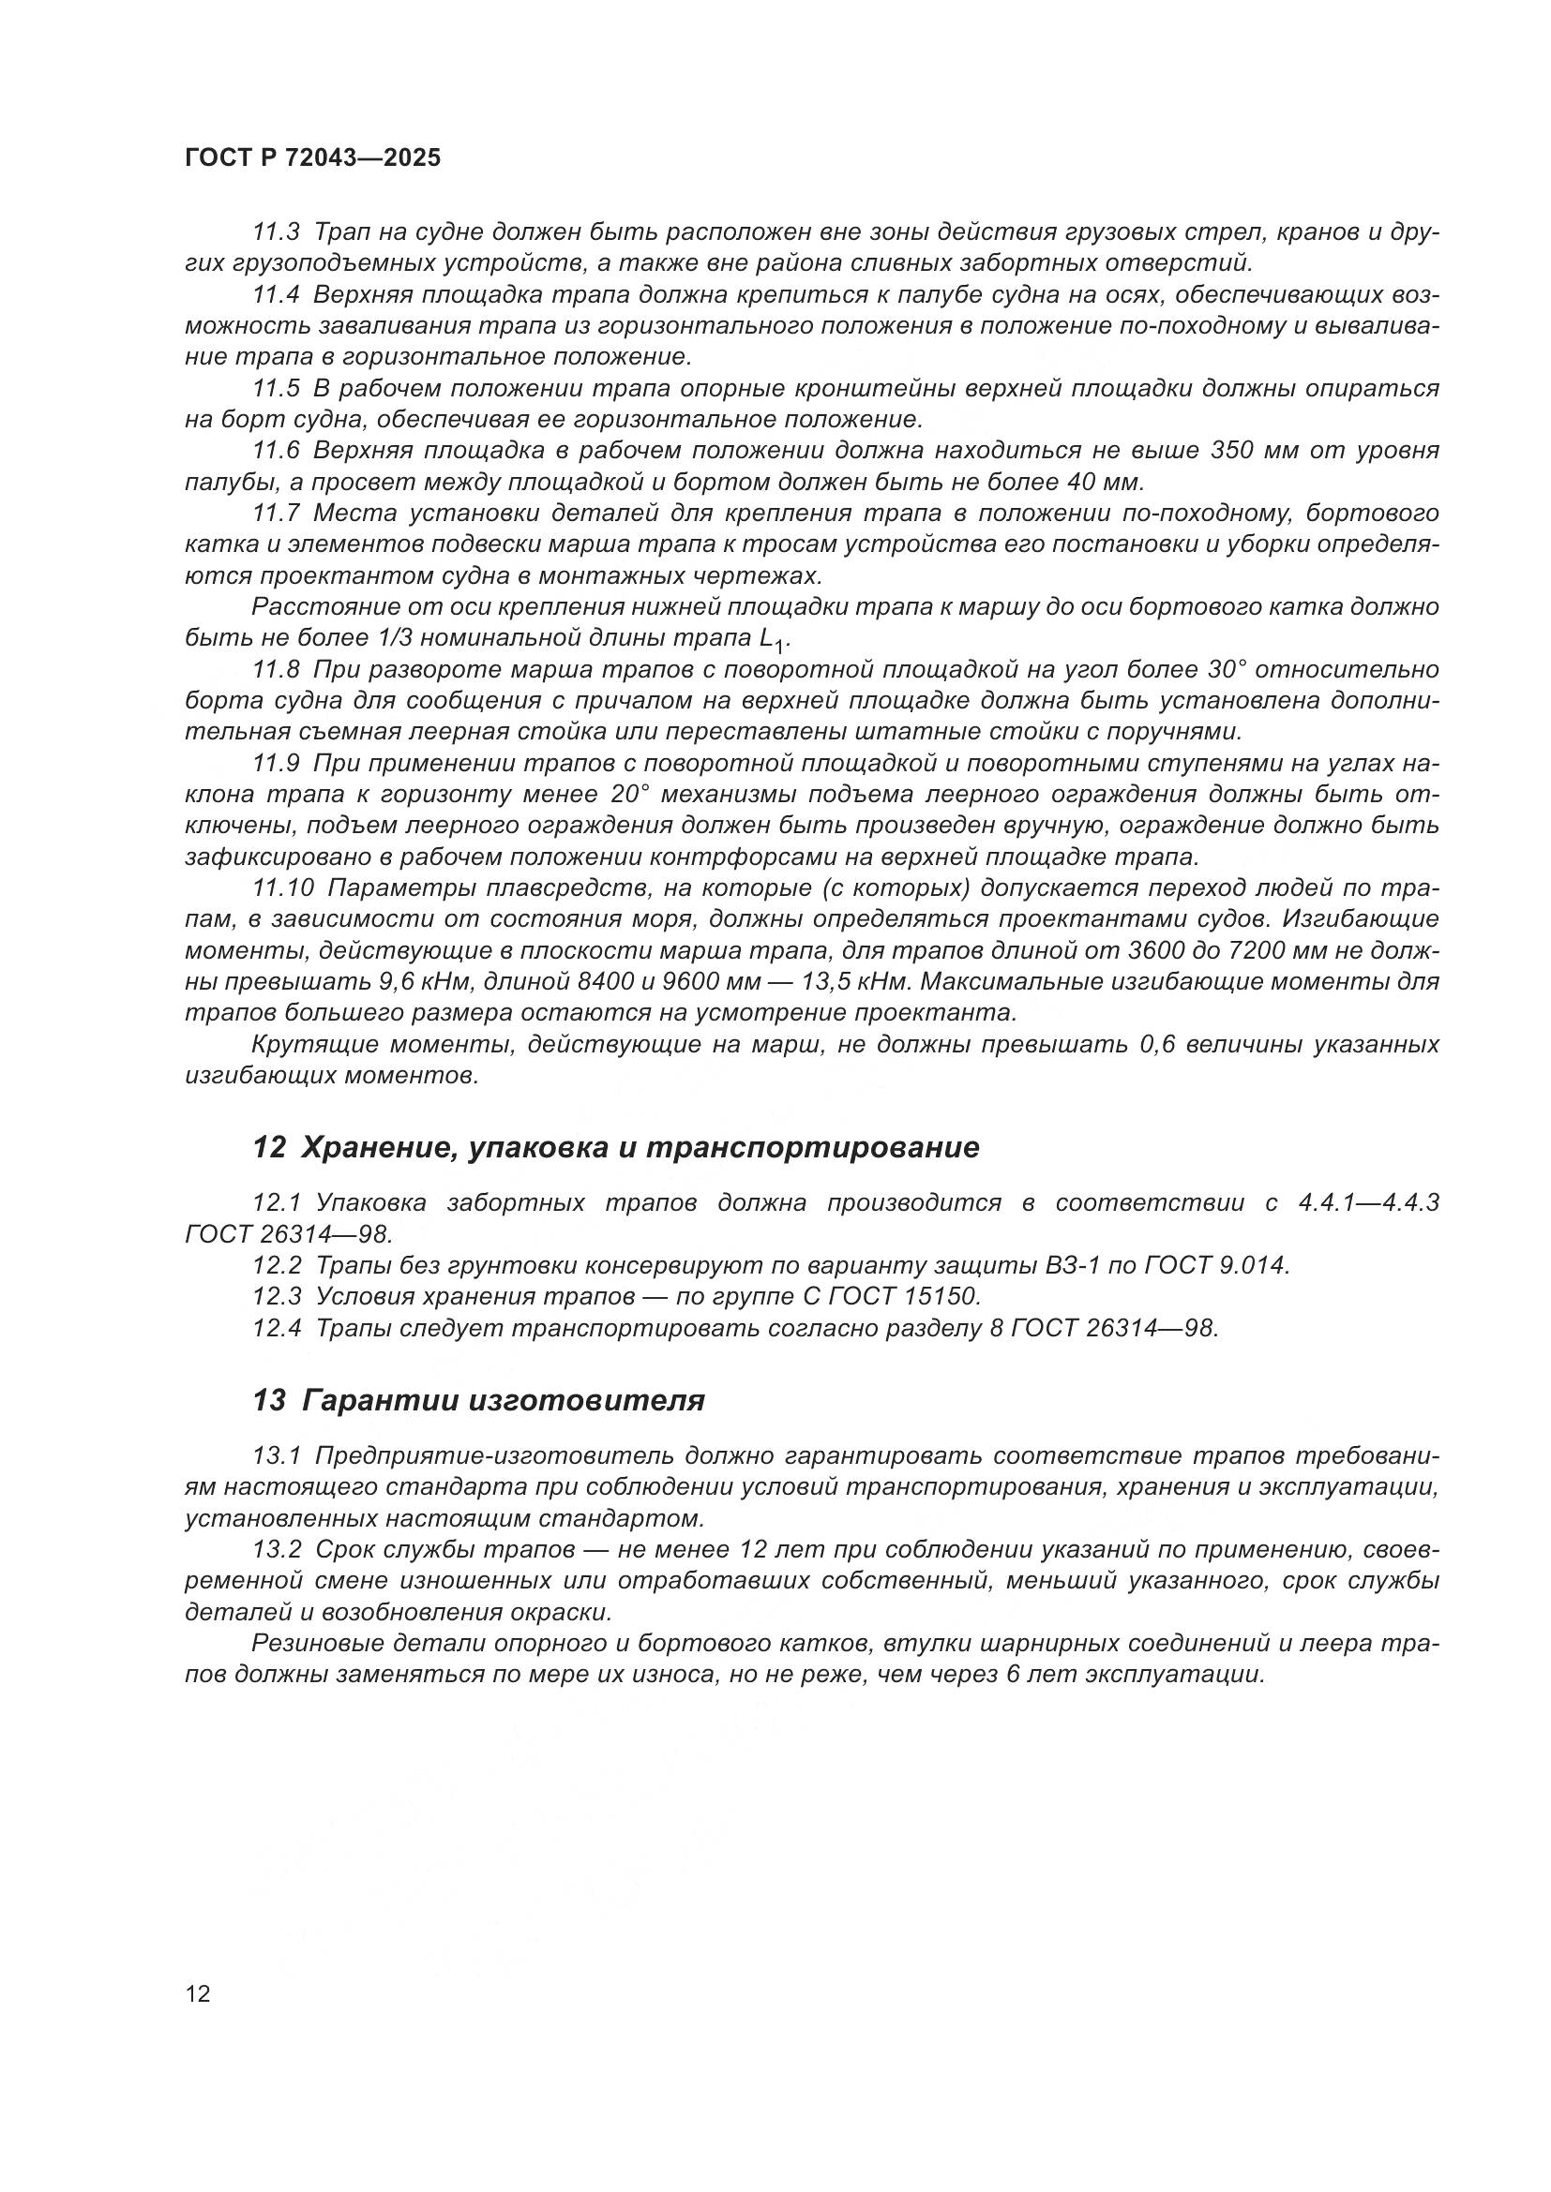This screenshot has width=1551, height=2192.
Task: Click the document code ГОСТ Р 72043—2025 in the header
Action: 313,158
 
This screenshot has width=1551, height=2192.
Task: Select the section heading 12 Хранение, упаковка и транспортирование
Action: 616,1148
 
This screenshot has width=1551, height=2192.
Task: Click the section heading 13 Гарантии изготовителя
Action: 478,1401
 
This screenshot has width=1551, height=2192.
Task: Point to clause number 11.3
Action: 276,233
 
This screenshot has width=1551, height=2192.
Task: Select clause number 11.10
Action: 282,887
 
